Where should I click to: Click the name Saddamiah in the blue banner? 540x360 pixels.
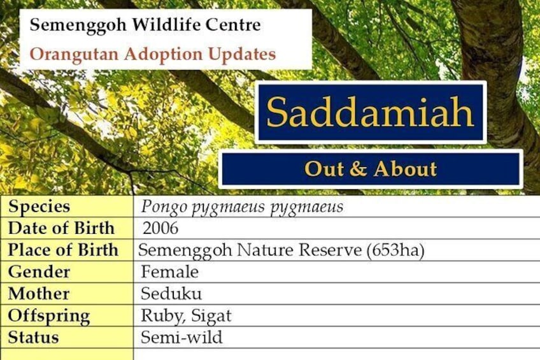coord(370,112)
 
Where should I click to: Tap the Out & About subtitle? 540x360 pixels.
coord(371,169)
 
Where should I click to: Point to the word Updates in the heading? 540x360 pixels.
coord(242,55)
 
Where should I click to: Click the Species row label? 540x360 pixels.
coord(39,207)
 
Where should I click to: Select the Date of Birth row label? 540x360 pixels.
coord(61,228)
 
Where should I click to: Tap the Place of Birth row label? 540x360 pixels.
coord(63,250)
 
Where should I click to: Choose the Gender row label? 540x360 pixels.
coord(39,272)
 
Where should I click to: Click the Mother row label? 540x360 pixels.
coord(39,294)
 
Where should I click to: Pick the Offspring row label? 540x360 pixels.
coord(49,316)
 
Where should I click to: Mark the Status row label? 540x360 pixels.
coord(33,337)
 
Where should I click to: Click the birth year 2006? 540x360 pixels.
coord(160,228)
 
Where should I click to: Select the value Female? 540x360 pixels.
coord(170,272)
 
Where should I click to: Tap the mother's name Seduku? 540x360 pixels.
coord(171,294)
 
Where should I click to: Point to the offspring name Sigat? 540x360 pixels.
coord(211,316)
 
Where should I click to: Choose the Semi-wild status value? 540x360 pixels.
coord(181,337)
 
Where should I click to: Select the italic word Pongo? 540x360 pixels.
coord(164,207)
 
